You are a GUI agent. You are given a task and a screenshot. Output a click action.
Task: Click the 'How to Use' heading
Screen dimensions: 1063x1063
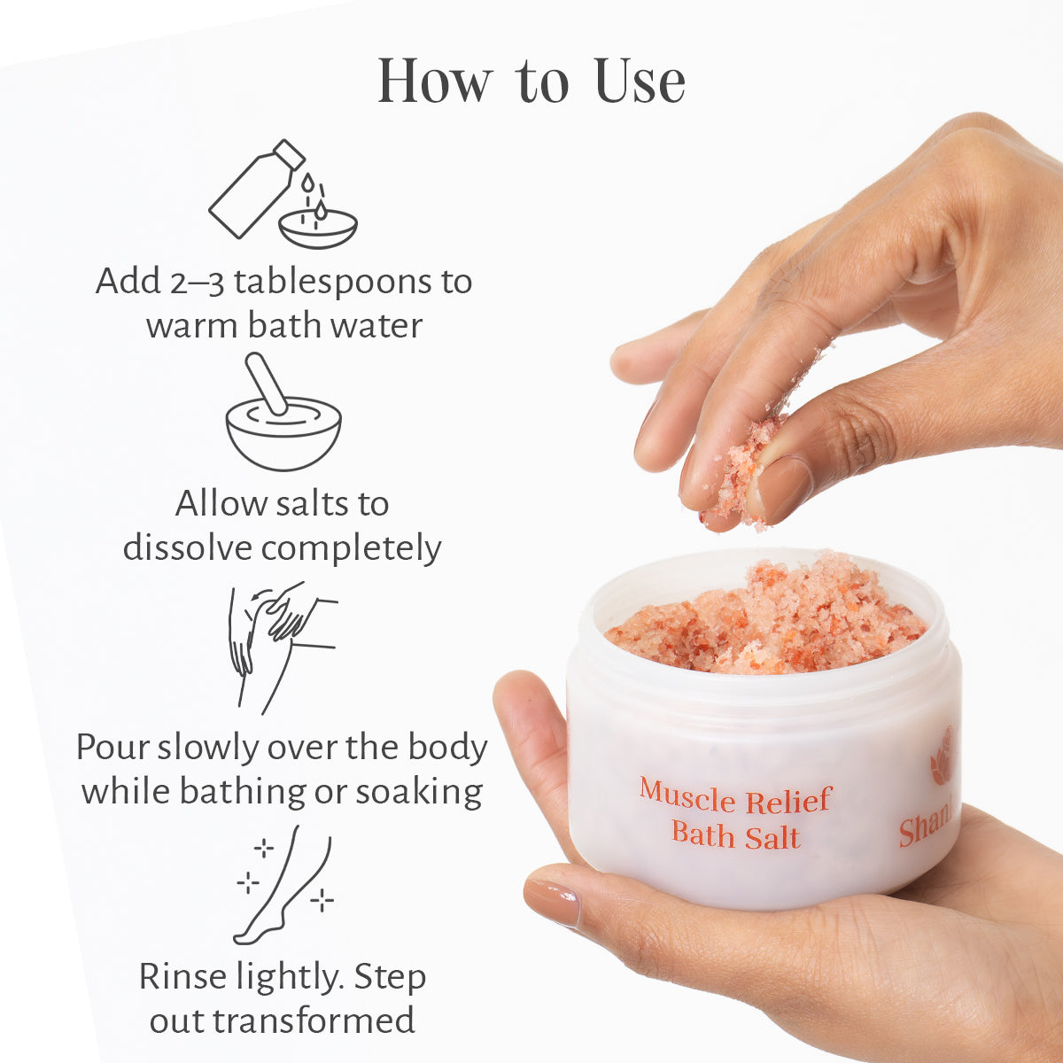531,81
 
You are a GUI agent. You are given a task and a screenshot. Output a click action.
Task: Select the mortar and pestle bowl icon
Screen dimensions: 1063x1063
283,415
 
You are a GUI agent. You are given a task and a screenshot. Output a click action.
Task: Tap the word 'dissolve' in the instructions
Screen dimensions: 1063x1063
187,547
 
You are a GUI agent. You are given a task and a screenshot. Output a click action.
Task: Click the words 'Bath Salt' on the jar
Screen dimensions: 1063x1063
735,835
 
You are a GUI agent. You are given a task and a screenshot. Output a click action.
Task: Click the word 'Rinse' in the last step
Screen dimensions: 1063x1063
183,977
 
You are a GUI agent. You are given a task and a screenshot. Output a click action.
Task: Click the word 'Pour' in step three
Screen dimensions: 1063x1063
113,748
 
